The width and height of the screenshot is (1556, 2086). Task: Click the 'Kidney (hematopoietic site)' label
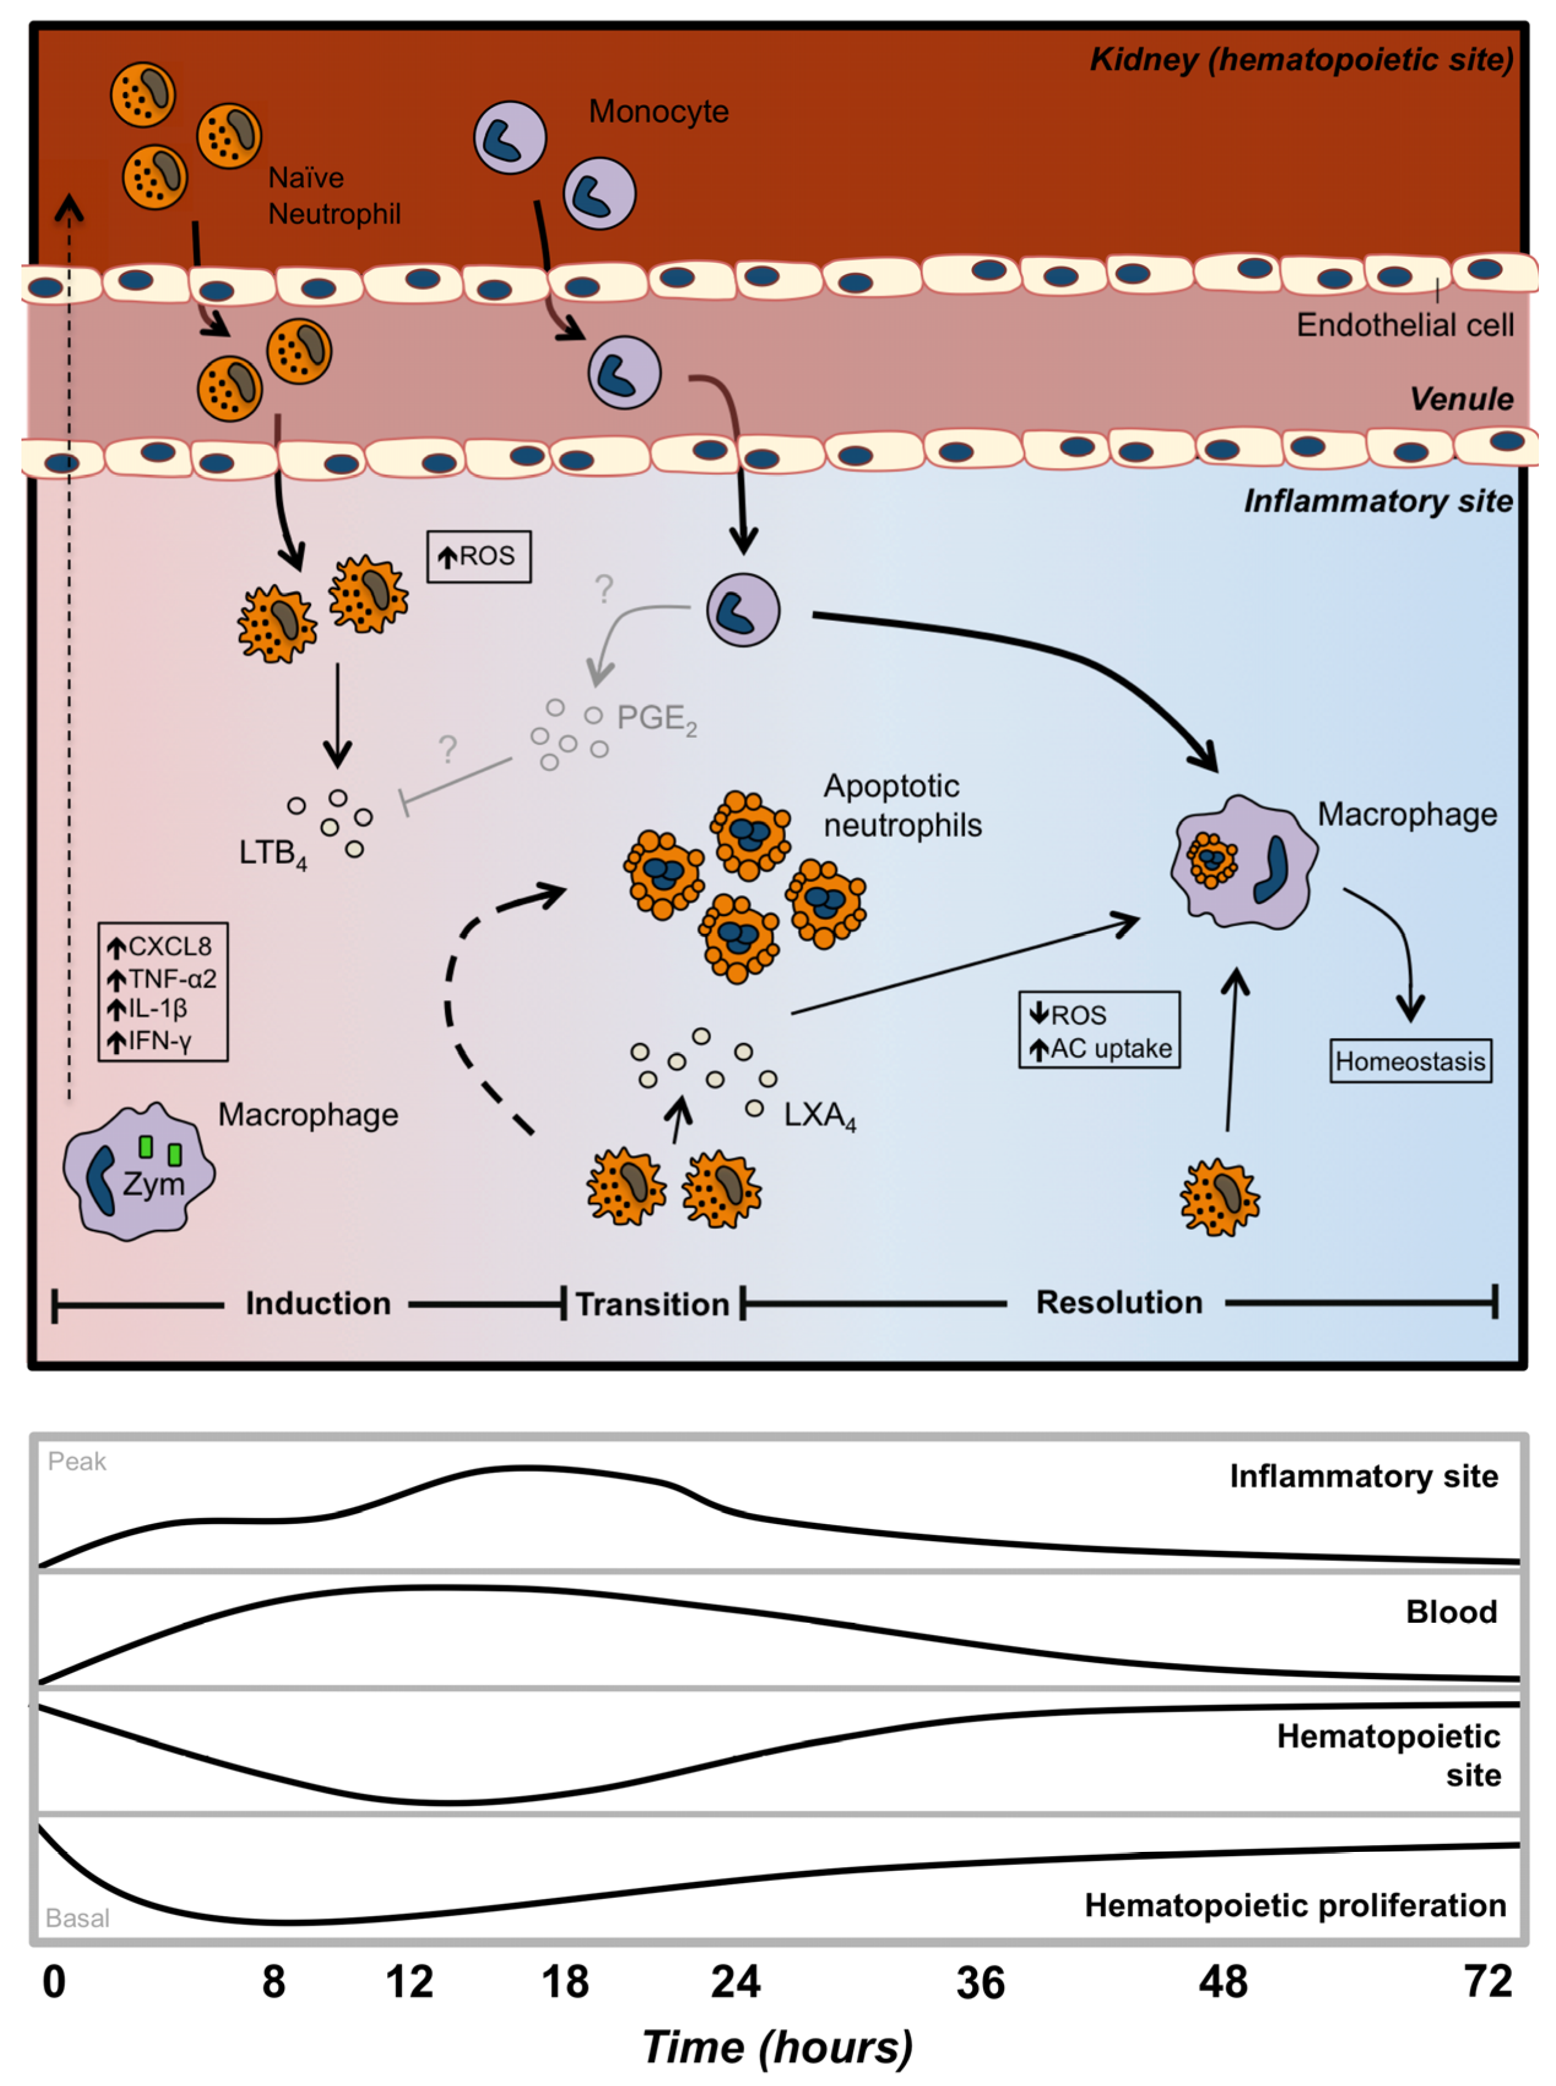[1300, 59]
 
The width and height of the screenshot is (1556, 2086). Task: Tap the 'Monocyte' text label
[659, 111]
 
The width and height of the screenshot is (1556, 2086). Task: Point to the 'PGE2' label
[657, 719]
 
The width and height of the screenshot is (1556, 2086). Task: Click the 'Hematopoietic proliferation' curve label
[1294, 1905]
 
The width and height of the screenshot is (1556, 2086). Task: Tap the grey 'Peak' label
[77, 1462]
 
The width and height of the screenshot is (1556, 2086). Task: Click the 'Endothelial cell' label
[1404, 325]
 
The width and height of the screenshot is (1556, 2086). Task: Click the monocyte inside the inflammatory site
[743, 610]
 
